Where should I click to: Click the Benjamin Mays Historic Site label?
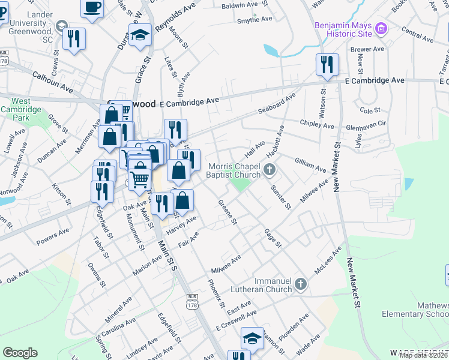click(x=342, y=32)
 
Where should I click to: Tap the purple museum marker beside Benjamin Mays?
click(x=381, y=28)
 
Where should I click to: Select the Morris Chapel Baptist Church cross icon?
click(x=270, y=170)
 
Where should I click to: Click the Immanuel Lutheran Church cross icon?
click(x=301, y=283)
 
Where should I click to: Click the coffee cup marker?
click(x=92, y=7)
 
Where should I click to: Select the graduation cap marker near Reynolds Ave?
click(x=140, y=34)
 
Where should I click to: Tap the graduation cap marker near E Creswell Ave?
click(x=252, y=338)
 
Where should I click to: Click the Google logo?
click(x=20, y=353)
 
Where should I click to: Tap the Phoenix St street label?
click(x=216, y=293)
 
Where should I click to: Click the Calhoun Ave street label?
click(x=56, y=83)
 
